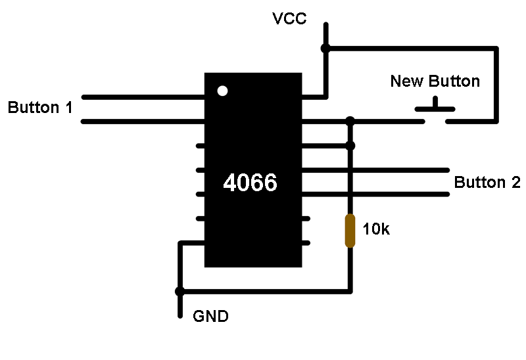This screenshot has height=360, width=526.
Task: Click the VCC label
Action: coord(289,18)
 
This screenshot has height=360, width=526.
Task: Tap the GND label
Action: coord(210,316)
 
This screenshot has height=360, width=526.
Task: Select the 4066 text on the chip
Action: coord(251,183)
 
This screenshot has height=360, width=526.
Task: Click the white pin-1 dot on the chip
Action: coord(222,91)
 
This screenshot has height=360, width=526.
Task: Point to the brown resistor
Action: coord(350,231)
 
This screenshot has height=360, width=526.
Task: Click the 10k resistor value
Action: coord(376,229)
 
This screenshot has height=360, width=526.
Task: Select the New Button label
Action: coord(435,81)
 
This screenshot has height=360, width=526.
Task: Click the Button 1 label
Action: coord(40,108)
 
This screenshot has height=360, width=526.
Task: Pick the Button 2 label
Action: coord(487,183)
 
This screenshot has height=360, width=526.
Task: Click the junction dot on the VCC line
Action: coord(325,48)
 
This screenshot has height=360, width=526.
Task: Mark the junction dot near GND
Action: coord(179,291)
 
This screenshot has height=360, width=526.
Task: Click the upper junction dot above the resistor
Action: coord(350,121)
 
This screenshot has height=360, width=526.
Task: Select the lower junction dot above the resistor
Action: coord(350,145)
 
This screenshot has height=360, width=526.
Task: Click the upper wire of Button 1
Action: coord(143,97)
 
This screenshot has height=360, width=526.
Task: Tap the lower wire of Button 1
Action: coord(143,122)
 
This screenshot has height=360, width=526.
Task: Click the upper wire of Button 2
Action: coord(375,170)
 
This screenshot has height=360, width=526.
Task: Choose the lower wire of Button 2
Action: coord(375,194)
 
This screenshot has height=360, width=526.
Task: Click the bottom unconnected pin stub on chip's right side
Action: coord(306,242)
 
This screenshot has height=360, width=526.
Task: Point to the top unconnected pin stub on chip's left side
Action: coord(201,146)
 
